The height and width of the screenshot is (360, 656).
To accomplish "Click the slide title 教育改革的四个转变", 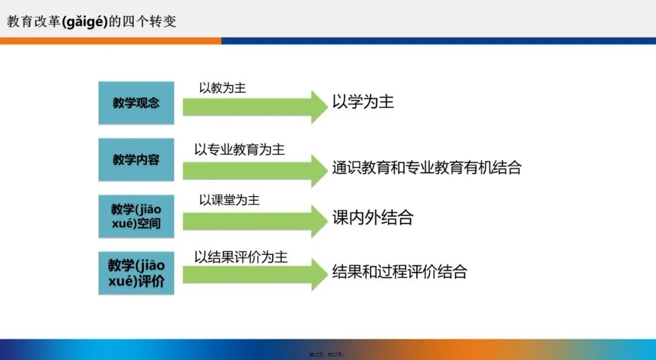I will [x=91, y=21].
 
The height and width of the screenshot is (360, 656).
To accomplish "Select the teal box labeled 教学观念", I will [x=136, y=103].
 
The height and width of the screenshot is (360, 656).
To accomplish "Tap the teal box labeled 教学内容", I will [x=136, y=160].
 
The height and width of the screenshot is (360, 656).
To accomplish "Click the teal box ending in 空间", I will [x=136, y=217].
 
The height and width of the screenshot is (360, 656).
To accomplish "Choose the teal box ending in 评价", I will [x=136, y=273].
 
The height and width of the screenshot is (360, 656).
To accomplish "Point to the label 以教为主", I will [x=222, y=88].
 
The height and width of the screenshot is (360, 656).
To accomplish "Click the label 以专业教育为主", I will [x=239, y=149].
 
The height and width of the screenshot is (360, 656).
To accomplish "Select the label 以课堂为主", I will [x=229, y=200].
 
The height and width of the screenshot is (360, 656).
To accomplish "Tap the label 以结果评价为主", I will [x=241, y=257].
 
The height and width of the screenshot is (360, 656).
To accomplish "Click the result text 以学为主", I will [x=363, y=102].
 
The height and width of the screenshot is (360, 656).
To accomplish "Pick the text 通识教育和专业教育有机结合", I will [x=426, y=168].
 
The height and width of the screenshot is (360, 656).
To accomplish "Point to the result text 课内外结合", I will [x=372, y=218].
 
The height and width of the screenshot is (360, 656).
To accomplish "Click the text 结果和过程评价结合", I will [x=399, y=271].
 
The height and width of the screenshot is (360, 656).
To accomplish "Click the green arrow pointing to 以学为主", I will [x=255, y=107].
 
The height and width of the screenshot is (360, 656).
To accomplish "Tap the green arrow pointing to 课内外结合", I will [x=255, y=221].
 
